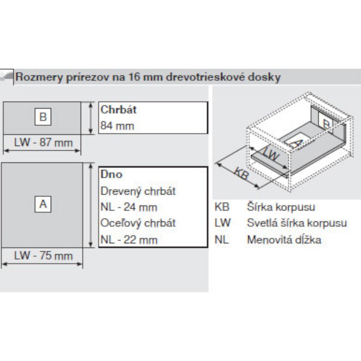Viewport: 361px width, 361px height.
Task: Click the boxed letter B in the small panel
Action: coord(43,117)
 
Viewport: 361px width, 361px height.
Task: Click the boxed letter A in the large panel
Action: coord(43,204)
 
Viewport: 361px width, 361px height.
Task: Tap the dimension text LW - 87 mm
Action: coord(43,142)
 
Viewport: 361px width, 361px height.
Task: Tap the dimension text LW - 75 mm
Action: coord(43,255)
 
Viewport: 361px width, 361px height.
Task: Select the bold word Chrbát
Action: coord(118,109)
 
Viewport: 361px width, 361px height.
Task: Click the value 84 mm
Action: coord(117,126)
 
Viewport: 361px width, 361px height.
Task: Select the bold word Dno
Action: coord(111,174)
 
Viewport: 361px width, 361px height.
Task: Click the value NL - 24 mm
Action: coord(129,207)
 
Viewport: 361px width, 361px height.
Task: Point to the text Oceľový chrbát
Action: coord(138,223)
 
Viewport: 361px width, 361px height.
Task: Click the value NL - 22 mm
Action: coord(129,240)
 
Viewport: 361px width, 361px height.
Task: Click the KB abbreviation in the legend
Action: coord(222,207)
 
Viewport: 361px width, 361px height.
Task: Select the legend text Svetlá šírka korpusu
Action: coord(297,223)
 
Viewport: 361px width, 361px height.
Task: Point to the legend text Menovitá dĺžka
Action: coord(284,240)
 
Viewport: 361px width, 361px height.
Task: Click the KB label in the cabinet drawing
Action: coord(242,173)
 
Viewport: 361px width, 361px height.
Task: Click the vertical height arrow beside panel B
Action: coord(91,118)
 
